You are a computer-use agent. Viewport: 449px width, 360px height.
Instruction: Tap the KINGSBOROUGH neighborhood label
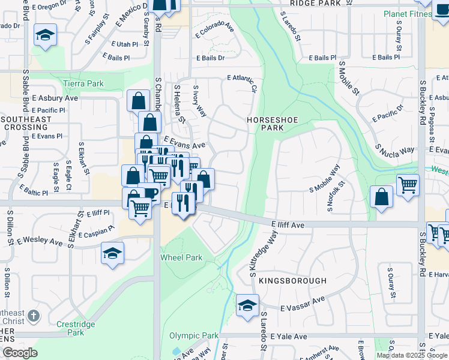[293, 281]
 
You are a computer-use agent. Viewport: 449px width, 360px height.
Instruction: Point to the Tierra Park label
[83, 84]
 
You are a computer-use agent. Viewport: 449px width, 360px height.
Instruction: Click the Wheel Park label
[181, 257]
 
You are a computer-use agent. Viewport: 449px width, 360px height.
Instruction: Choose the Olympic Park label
[194, 335]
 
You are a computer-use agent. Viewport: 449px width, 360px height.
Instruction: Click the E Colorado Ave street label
[214, 28]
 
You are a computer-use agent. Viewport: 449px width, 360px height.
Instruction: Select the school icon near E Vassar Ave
[247, 305]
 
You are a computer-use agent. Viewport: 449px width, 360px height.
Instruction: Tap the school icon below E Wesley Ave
[112, 253]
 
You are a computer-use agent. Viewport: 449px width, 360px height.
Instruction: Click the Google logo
[20, 353]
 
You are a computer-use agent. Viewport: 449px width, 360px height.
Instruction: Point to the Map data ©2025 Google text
[412, 355]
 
